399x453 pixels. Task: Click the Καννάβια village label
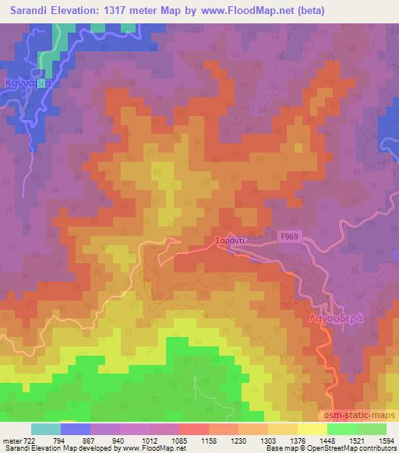click(x=27, y=80)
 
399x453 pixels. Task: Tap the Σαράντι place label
click(x=231, y=241)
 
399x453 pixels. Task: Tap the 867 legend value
click(x=79, y=442)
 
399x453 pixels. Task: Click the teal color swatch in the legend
click(x=46, y=429)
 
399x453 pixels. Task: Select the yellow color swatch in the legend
click(x=313, y=429)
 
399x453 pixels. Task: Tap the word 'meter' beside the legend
click(x=11, y=442)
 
